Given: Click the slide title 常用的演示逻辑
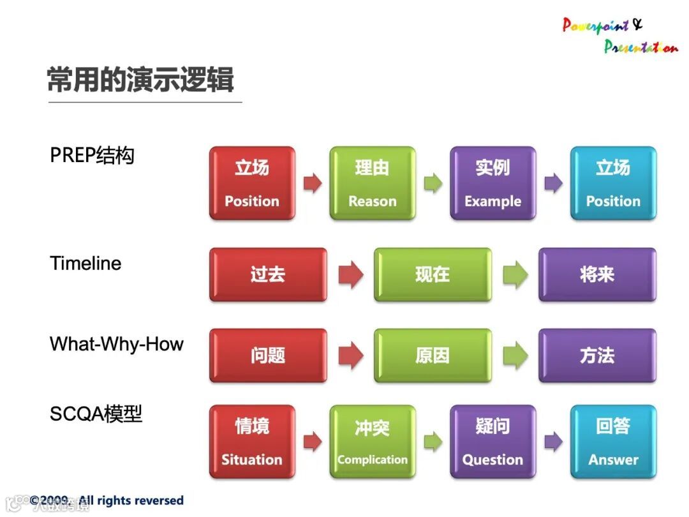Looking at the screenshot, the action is (140, 80).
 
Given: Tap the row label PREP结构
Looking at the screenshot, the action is (93, 155).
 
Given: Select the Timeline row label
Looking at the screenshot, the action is (85, 264).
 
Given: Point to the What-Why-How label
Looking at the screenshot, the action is (117, 344).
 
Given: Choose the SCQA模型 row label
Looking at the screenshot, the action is (96, 413).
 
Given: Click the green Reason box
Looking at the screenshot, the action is (373, 183).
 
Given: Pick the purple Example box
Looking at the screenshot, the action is (493, 183).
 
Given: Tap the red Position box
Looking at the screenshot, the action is (252, 183).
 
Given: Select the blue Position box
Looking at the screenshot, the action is (614, 183).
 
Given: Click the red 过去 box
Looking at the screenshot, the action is (268, 274).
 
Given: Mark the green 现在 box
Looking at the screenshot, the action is (433, 274).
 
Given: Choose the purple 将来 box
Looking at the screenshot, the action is (598, 274).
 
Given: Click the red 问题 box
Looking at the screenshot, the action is (268, 356).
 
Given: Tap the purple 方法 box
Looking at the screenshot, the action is (598, 356).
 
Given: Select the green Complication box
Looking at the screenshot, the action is (373, 442).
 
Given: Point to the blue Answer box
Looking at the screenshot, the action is (614, 442).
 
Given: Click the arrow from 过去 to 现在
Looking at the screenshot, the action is (351, 274).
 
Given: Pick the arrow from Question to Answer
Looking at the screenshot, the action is (553, 442).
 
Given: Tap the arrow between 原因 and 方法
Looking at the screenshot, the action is (515, 356).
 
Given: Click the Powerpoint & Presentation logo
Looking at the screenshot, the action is (620, 35).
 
